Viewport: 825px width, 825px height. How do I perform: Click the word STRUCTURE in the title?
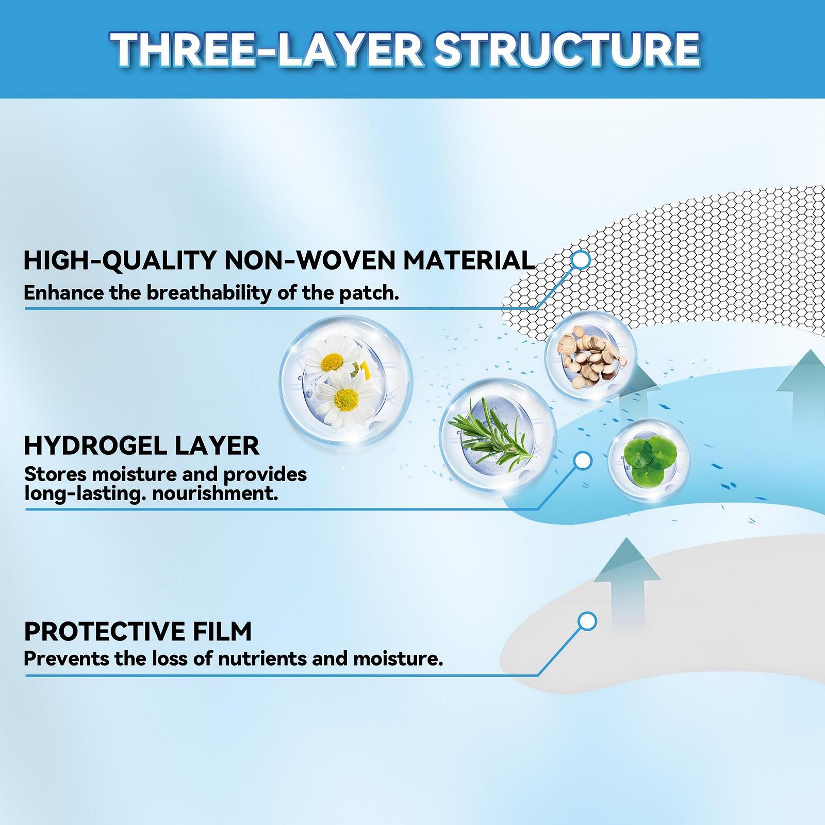coord(567,49)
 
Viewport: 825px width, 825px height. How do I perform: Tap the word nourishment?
coord(215,493)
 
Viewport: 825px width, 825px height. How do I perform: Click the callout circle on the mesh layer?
coord(581,260)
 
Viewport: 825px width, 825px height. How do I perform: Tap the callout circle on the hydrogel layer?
coord(583,461)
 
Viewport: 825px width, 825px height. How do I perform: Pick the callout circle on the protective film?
coord(587,621)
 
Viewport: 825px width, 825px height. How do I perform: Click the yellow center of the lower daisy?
coord(346,399)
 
